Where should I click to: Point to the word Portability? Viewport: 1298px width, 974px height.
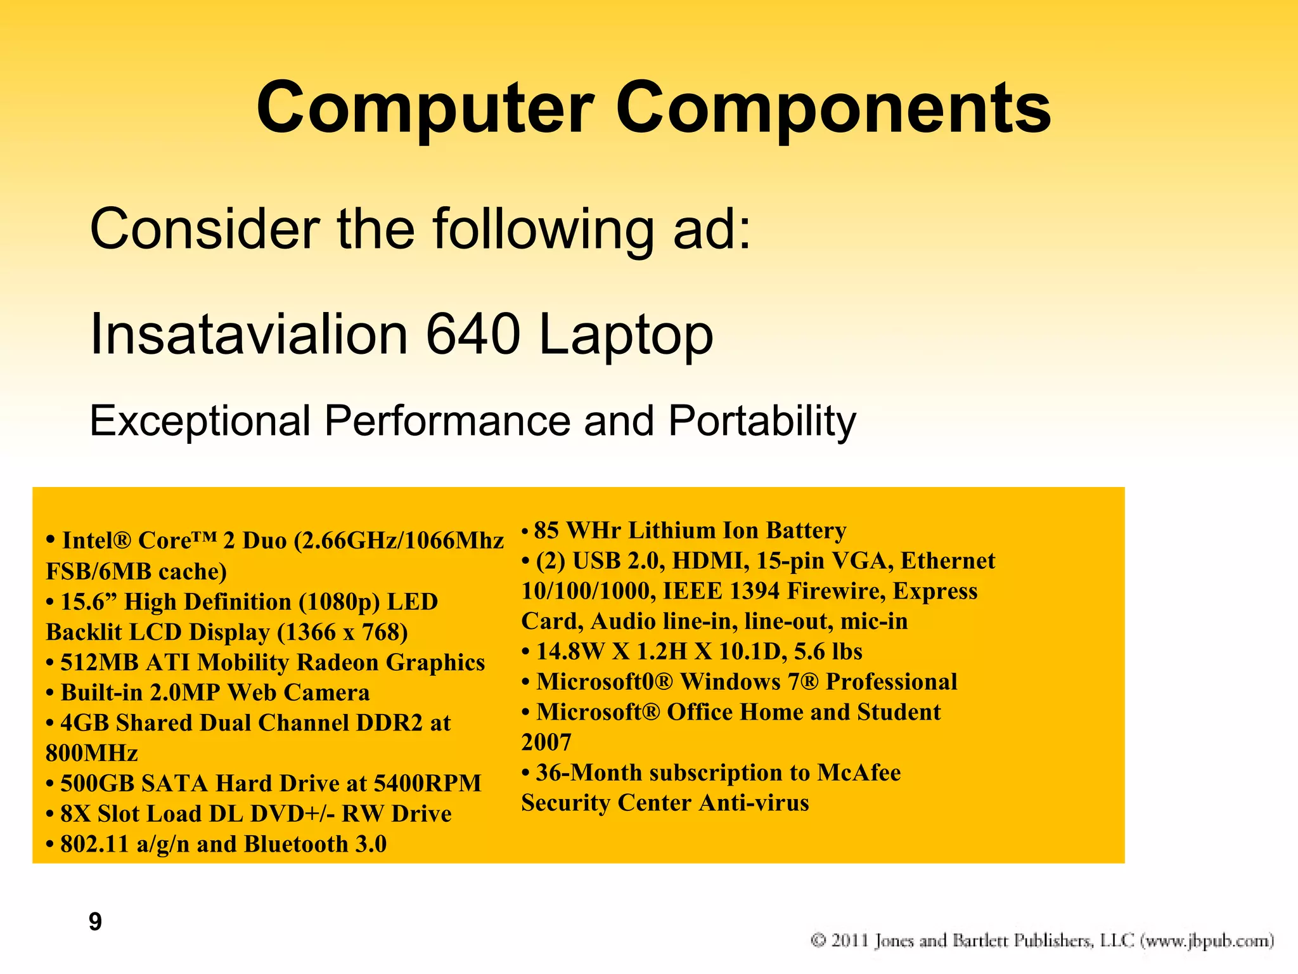point(762,421)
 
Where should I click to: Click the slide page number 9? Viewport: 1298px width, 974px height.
point(95,921)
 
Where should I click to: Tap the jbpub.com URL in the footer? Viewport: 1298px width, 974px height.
point(1207,940)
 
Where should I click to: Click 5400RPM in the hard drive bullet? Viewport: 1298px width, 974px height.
point(427,784)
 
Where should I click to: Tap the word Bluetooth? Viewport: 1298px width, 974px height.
point(297,845)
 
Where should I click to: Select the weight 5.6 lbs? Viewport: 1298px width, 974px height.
point(828,652)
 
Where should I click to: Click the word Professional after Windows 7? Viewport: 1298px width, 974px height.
point(891,682)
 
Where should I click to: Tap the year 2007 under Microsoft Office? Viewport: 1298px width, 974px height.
point(546,743)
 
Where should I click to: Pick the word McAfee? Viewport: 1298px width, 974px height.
point(859,773)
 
